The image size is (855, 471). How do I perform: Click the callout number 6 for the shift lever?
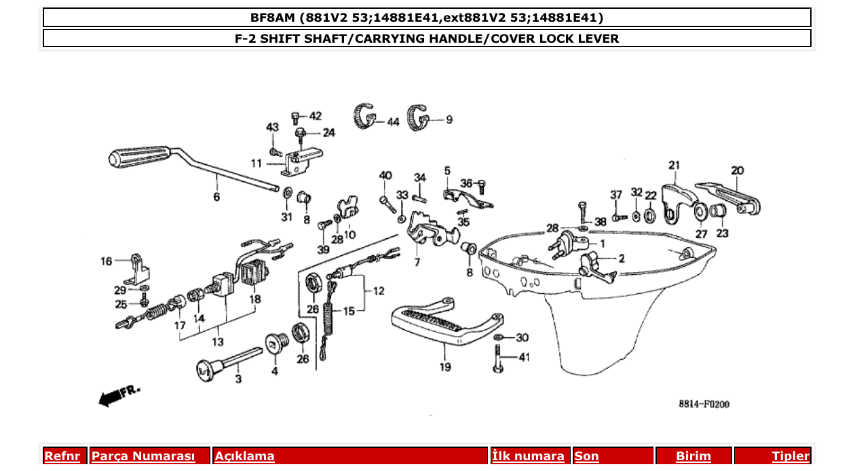216,197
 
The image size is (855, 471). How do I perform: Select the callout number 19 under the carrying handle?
444,368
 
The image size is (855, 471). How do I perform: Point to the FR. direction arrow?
119,396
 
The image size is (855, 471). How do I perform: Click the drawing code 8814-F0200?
704,404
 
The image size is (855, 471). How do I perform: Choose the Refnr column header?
62,456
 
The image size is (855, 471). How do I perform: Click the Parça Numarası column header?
143,456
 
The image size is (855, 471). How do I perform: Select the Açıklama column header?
245,456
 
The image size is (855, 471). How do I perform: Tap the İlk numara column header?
528,456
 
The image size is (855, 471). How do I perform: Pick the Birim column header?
693,456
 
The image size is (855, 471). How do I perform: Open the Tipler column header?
791,456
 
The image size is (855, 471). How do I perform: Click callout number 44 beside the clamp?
393,122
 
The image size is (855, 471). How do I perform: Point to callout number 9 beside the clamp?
449,119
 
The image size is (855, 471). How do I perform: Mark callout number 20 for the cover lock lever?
737,170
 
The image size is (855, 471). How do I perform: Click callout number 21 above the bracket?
674,165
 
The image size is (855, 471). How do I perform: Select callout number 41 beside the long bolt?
524,357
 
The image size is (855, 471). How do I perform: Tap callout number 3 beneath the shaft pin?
238,379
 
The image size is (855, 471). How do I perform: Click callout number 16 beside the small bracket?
107,261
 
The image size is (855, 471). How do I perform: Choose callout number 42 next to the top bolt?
316,116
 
